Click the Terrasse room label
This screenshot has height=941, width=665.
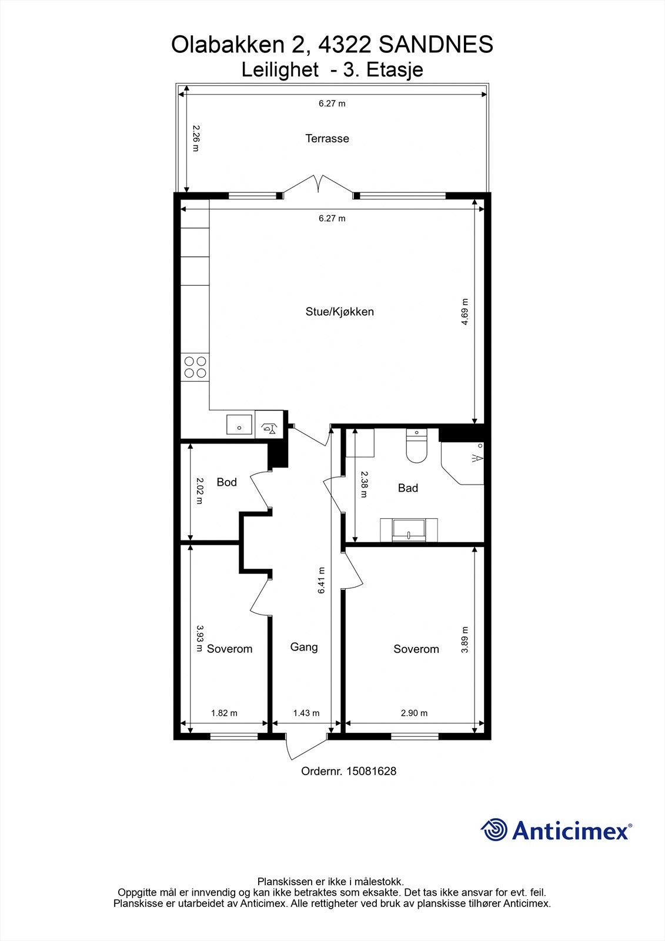pyautogui.click(x=327, y=138)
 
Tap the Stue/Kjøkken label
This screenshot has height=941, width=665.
pyautogui.click(x=339, y=312)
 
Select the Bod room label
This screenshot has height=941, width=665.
pyautogui.click(x=226, y=482)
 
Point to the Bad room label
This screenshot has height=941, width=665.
pyautogui.click(x=407, y=488)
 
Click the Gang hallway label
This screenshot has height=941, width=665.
pyautogui.click(x=304, y=647)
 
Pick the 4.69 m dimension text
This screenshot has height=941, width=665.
pyautogui.click(x=464, y=312)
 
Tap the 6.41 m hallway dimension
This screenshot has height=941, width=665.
pyautogui.click(x=322, y=580)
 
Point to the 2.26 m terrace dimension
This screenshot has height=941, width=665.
pyautogui.click(x=196, y=138)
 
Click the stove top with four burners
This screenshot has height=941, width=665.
pyautogui.click(x=195, y=367)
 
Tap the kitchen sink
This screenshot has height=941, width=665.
pyautogui.click(x=239, y=424)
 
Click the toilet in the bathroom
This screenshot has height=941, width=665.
pyautogui.click(x=416, y=446)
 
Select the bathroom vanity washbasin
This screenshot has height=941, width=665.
pyautogui.click(x=409, y=530)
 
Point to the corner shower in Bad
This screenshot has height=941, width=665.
pyautogui.click(x=462, y=463)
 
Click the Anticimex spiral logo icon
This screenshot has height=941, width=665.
pyautogui.click(x=493, y=830)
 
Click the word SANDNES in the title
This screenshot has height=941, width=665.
pyautogui.click(x=436, y=45)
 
